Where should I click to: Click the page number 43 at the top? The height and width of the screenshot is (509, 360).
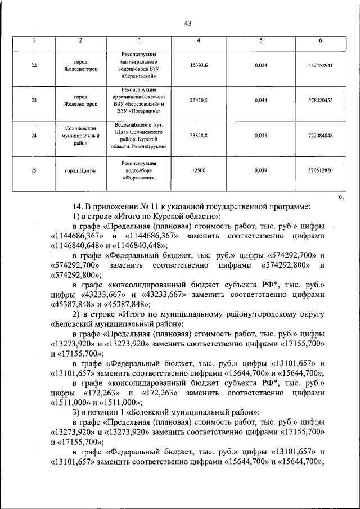pyautogui.click(x=187, y=22)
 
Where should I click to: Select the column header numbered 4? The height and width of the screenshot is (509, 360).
pyautogui.click(x=198, y=40)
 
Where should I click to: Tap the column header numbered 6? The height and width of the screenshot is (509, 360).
pyautogui.click(x=320, y=40)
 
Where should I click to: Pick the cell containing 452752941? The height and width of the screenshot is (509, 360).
pyautogui.click(x=321, y=65)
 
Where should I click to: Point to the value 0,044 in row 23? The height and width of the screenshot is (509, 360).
pyautogui.click(x=261, y=101)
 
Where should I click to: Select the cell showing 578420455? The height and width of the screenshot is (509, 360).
pyautogui.click(x=321, y=101)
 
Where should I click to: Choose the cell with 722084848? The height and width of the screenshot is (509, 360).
pyautogui.click(x=321, y=136)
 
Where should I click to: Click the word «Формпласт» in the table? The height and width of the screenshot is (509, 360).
pyautogui.click(x=138, y=178)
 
